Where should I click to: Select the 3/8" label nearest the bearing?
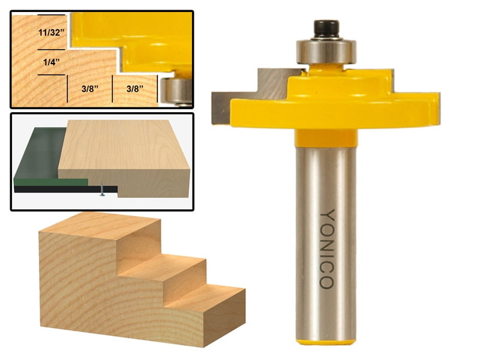[x=137, y=88]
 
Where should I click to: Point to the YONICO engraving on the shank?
[x=327, y=248]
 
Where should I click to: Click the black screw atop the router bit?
[x=326, y=28]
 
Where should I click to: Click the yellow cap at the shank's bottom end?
[x=326, y=341]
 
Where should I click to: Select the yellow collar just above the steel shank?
[x=326, y=139]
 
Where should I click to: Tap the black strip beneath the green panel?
[x=54, y=189]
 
